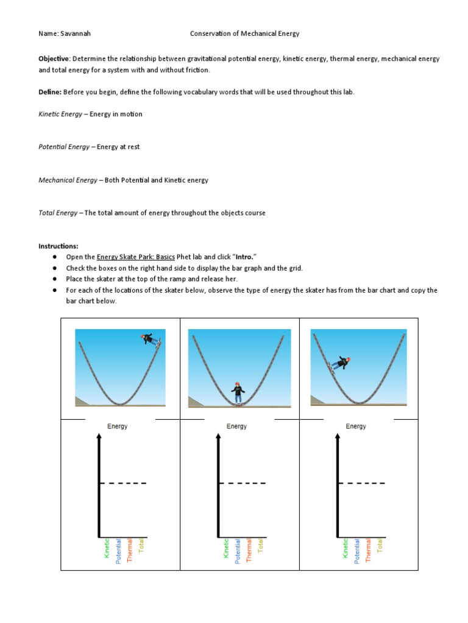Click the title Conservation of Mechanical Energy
[x=244, y=34]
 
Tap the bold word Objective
[x=54, y=59]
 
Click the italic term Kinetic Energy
[x=60, y=114]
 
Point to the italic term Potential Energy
[x=63, y=147]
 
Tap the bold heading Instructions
[x=58, y=246]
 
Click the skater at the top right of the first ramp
[x=149, y=339]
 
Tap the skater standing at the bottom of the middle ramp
[x=238, y=392]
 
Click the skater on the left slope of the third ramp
[x=339, y=364]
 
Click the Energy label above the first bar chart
[x=118, y=426]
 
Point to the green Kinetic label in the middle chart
[x=226, y=548]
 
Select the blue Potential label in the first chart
[x=118, y=551]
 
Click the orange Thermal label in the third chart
[x=368, y=550]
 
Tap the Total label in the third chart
[x=380, y=547]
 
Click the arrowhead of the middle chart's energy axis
[x=218, y=436]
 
